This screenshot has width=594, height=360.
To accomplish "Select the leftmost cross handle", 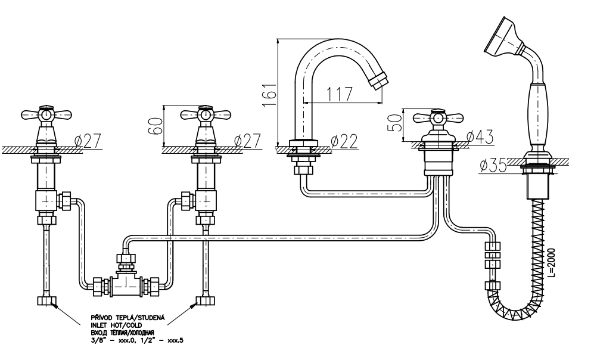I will click(45, 113).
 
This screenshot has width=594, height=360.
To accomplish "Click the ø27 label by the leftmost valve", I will click(88, 141).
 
